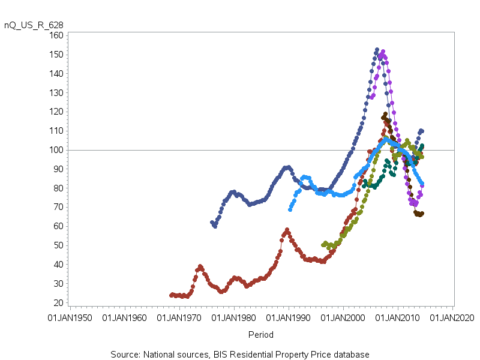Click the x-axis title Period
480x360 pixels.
click(261, 335)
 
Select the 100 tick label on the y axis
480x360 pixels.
click(56, 150)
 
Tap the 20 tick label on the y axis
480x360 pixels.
click(58, 302)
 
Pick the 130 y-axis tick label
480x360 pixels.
click(56, 93)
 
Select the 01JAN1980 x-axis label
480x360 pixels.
click(234, 317)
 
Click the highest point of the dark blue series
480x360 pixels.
click(377, 50)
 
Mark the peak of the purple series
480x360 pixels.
click(383, 52)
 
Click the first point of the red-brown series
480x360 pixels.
click(171, 295)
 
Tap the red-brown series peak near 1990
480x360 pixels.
click(287, 230)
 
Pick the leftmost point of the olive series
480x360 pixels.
click(323, 245)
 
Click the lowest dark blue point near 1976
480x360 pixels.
click(215, 226)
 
